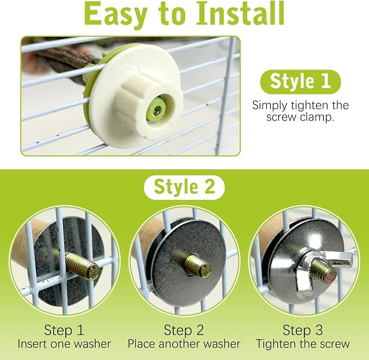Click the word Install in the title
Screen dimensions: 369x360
click(240, 13)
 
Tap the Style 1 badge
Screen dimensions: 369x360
click(301, 81)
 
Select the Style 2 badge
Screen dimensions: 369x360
click(184, 187)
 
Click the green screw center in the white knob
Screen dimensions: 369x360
click(157, 110)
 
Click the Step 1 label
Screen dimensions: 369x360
click(64, 330)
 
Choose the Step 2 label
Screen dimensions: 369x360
click(184, 330)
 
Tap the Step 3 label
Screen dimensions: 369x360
click(303, 330)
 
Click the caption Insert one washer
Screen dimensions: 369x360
click(64, 344)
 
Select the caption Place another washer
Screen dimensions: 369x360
click(184, 344)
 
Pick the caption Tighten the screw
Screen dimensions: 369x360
click(303, 344)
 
